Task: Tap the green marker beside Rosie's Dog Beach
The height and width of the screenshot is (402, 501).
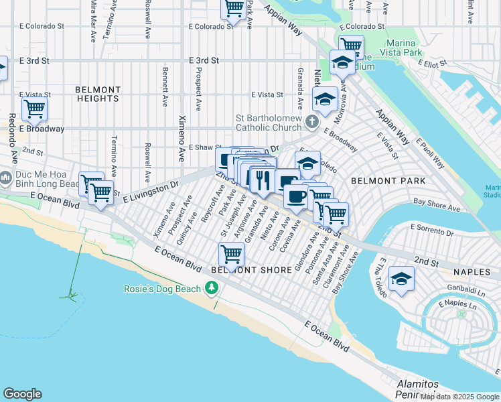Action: (212, 288)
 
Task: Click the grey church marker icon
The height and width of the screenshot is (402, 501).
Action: (311, 122)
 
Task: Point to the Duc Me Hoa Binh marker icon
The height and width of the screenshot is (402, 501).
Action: (7, 179)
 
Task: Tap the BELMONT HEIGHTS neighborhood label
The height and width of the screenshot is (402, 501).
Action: (98, 94)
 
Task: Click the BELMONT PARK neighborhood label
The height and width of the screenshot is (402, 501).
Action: (379, 181)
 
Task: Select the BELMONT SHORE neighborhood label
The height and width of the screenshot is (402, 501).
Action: (251, 270)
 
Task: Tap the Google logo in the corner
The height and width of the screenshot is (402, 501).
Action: (22, 394)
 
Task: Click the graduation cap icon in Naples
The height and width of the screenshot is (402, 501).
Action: (401, 277)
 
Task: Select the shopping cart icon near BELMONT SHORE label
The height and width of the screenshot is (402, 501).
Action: (231, 254)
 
